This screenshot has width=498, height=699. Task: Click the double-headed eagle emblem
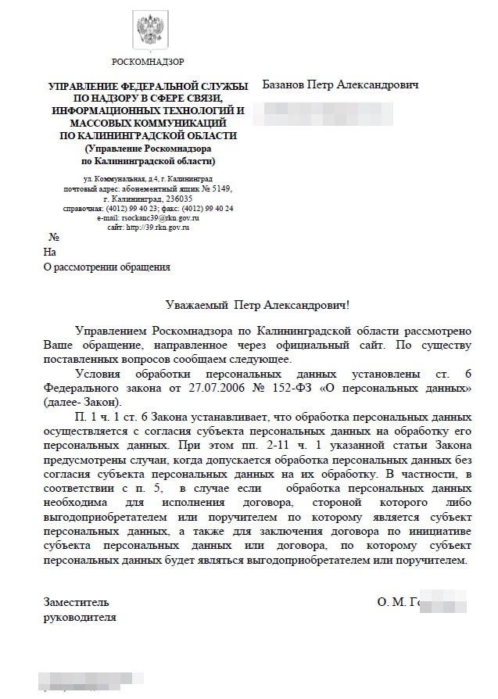148,31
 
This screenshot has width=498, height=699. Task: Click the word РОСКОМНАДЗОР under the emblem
148,62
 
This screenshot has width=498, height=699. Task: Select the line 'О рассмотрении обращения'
106,267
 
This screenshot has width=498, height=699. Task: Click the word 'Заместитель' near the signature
76,603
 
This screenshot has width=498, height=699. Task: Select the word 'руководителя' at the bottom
80,617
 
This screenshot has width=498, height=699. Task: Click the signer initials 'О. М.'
391,603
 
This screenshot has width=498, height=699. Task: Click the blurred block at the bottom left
79,679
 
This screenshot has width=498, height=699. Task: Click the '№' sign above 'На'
55,237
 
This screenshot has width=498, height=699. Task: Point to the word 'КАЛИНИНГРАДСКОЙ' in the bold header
183,135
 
